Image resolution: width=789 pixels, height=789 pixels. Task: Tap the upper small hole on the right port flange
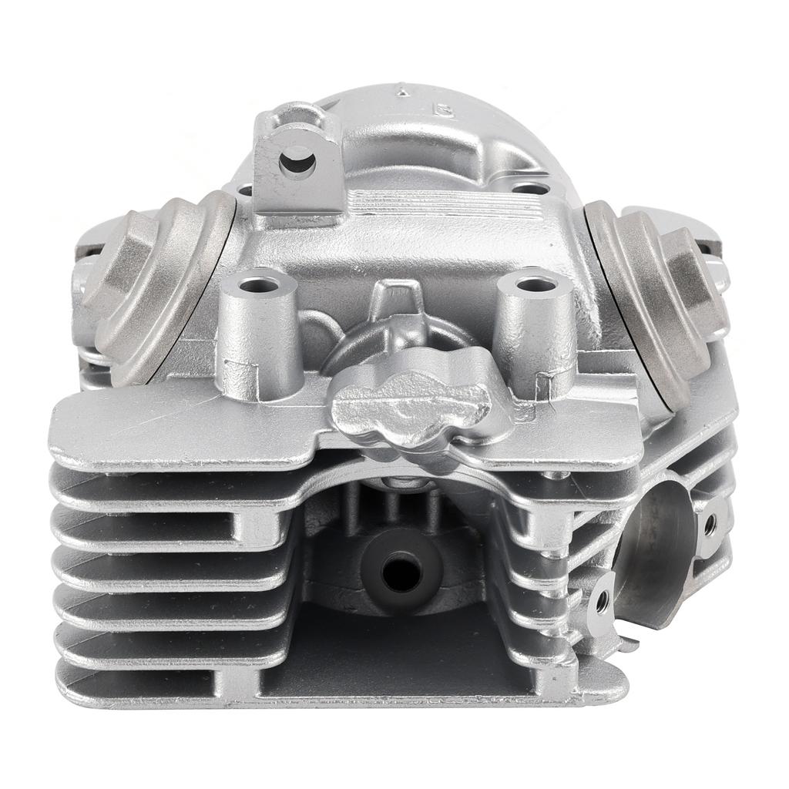point(710,524)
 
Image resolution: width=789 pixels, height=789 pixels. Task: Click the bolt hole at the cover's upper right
point(530,187)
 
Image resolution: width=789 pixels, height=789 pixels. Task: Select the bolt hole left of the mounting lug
point(245,188)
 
